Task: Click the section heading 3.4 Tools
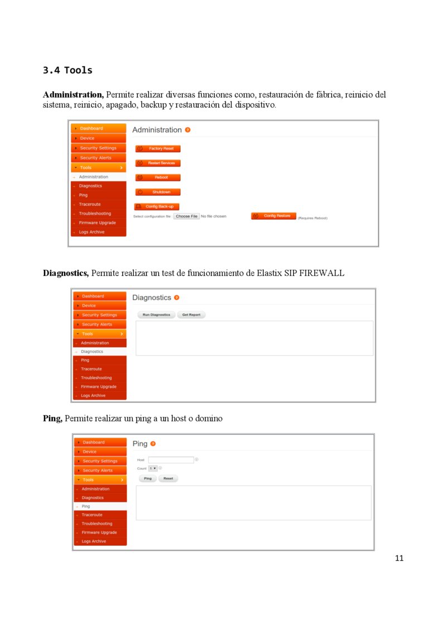point(67,71)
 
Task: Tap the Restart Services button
point(158,163)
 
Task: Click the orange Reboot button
point(158,178)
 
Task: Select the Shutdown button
point(158,192)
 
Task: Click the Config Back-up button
point(157,207)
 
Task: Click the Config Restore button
point(273,216)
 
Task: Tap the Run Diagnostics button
point(156,315)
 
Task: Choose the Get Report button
point(191,315)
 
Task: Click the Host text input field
point(171,460)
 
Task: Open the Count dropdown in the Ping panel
point(153,469)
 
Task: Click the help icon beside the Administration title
point(188,130)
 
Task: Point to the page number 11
point(399,559)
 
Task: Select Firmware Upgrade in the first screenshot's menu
point(98,223)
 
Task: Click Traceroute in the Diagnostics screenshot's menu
point(91,369)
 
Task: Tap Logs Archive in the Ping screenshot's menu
point(94,541)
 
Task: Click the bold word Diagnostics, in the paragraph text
point(66,273)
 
